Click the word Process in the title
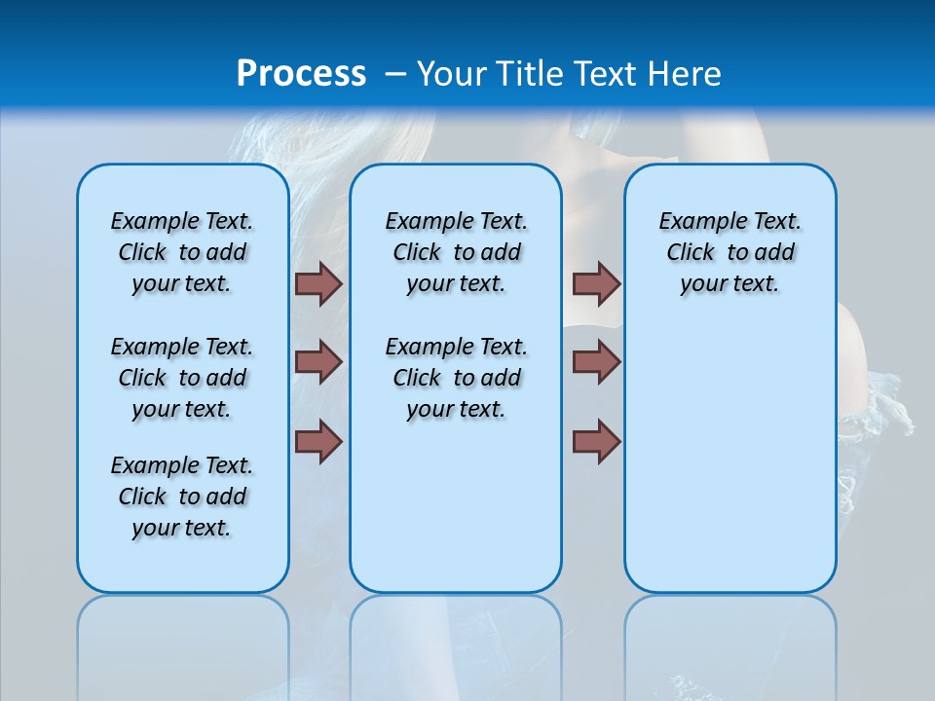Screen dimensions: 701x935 pyautogui.click(x=301, y=74)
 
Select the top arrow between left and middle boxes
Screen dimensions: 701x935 pyautogui.click(x=318, y=283)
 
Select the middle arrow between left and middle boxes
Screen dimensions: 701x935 pyautogui.click(x=318, y=362)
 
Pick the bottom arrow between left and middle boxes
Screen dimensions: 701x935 pyautogui.click(x=318, y=441)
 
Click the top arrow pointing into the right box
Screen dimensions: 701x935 pyautogui.click(x=596, y=283)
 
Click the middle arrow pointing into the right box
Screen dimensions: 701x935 pyautogui.click(x=596, y=362)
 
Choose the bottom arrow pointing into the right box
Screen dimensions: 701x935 pyautogui.click(x=596, y=441)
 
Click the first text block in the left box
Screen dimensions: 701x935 pyautogui.click(x=182, y=252)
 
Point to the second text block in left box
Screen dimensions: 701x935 pyautogui.click(x=182, y=378)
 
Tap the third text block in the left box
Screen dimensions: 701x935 pyautogui.click(x=182, y=497)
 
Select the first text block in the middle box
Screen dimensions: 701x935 pyautogui.click(x=456, y=252)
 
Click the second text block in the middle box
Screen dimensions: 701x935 pyautogui.click(x=456, y=378)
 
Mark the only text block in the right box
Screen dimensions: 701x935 pyautogui.click(x=730, y=252)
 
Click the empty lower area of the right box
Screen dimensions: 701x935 pyautogui.click(x=730, y=458)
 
